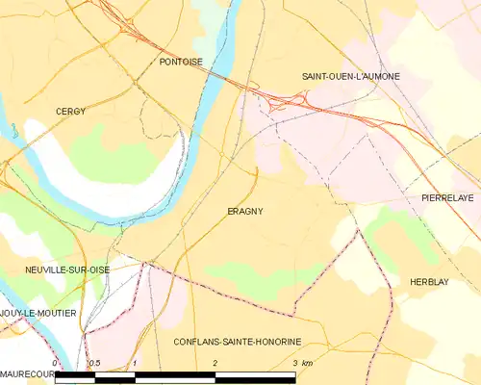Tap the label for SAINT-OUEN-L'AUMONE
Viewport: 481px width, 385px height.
[350, 76]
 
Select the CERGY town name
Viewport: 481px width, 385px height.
[70, 112]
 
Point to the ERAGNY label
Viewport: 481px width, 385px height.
[245, 212]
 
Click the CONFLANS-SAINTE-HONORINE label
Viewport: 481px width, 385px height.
[238, 342]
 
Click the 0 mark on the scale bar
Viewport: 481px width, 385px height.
[56, 363]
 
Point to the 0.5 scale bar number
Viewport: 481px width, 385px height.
[93, 363]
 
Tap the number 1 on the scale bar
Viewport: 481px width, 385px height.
[136, 363]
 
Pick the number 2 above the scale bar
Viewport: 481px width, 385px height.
[215, 363]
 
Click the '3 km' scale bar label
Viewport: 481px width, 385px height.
[302, 363]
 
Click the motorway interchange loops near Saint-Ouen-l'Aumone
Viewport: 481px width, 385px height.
[289, 101]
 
